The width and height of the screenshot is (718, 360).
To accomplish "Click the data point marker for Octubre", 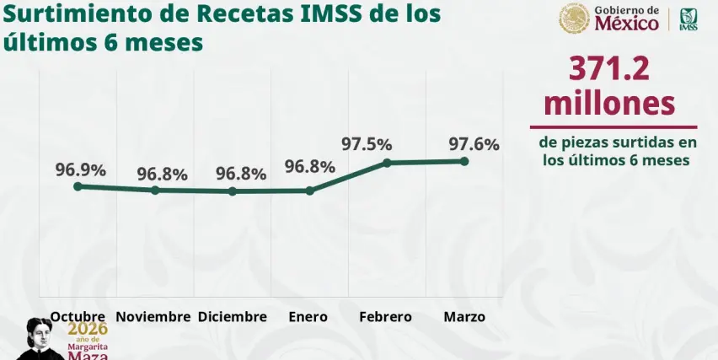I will tap(78, 186).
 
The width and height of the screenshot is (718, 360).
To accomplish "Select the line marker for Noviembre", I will tap(155, 191).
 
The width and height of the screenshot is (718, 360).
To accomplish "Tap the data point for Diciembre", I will tap(233, 191).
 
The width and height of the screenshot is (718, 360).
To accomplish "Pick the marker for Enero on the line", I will tap(310, 191).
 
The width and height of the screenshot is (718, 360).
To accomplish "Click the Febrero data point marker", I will tap(387, 162).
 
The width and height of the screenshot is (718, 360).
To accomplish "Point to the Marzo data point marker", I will tap(464, 160).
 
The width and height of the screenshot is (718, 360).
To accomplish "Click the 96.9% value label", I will tap(81, 169).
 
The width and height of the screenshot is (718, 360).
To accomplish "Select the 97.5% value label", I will tap(367, 144).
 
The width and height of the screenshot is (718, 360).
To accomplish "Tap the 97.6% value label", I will tap(474, 144).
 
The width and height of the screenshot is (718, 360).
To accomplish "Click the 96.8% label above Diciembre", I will tap(241, 174).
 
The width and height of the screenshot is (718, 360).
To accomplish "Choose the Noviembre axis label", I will tap(153, 317).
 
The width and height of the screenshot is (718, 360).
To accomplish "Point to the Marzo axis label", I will tap(464, 317).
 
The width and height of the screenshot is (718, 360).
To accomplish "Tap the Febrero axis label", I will tap(385, 317).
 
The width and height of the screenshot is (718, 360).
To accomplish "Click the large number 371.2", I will tap(609, 69).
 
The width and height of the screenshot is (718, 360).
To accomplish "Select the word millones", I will tap(609, 103).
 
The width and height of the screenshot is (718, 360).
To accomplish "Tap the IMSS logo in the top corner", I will tap(689, 19).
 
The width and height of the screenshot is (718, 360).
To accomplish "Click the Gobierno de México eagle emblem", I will tap(575, 18).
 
